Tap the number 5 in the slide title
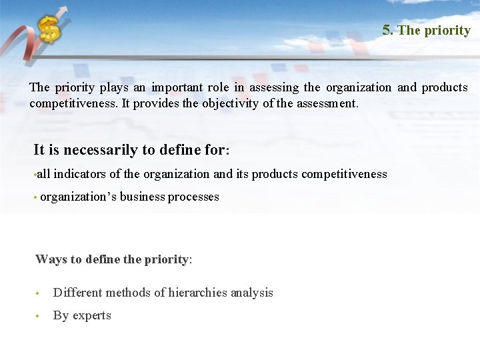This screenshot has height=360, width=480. tap(387, 30)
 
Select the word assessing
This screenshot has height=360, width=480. tap(273, 87)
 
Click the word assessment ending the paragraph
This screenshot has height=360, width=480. tap(325, 104)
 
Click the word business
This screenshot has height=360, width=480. tap(142, 197)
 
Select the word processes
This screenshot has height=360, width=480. tap(193, 197)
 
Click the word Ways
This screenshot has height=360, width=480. tap(49, 259)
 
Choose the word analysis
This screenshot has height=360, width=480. tap(251, 293)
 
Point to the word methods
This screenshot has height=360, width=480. tap(123, 293)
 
